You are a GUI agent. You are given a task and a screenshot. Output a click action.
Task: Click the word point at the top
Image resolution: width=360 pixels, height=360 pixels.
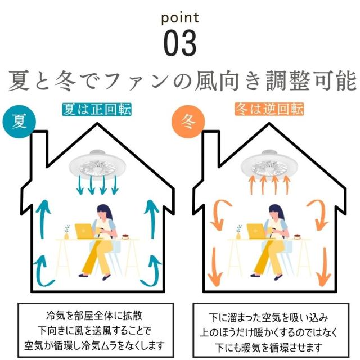tap(180, 19)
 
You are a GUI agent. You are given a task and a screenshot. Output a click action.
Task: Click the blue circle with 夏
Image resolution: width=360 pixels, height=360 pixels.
tap(19, 121)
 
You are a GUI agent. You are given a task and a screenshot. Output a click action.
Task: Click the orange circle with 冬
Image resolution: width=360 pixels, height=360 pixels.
tap(188, 121)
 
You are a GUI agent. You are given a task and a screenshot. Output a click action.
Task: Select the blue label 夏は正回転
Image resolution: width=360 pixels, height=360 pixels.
tap(97, 110)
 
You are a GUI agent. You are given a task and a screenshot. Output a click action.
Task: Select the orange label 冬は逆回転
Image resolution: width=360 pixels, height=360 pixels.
tap(269, 109)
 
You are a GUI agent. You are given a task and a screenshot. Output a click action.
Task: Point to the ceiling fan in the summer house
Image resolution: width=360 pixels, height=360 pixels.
tap(97, 164)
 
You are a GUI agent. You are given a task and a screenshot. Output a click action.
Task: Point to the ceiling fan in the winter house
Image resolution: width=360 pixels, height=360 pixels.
tap(269, 164)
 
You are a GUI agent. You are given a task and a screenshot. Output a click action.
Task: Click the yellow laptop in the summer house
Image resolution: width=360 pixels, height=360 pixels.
tap(84, 231)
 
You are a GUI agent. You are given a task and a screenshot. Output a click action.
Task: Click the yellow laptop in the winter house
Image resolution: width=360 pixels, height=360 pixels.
tap(256, 231)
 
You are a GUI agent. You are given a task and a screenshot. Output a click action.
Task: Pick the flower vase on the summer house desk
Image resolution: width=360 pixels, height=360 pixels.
tap(67, 232)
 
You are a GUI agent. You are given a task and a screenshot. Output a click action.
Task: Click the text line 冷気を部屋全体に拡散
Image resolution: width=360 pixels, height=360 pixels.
tap(94, 316)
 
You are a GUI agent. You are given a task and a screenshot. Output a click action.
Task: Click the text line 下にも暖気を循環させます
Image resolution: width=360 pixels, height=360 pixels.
tap(269, 348)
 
